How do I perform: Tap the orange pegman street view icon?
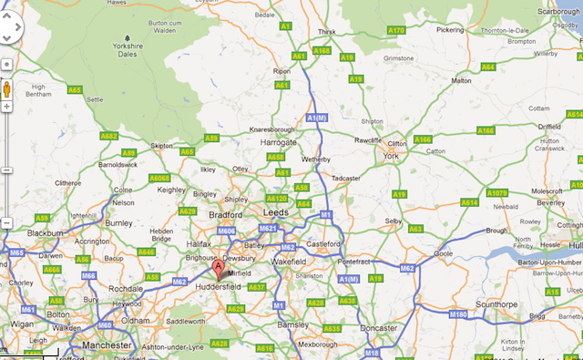tap(7, 89)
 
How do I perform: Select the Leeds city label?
tap(275, 211)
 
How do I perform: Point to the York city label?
tap(392, 156)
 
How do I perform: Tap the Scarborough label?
tap(557, 12)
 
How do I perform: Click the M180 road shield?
tap(457, 314)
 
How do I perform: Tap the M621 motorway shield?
tap(268, 228)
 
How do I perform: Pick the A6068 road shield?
tap(159, 177)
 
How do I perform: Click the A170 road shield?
tap(396, 30)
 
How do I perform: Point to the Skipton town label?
tap(162, 145)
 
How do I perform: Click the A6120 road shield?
tap(277, 198)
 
